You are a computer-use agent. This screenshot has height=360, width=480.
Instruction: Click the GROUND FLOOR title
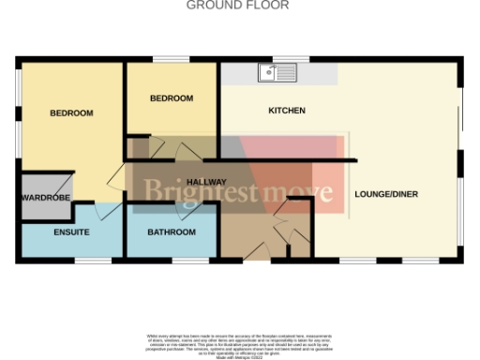[237, 5]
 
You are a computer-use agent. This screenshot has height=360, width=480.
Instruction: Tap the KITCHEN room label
[287, 111]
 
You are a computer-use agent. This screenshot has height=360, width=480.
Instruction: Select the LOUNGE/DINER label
[385, 195]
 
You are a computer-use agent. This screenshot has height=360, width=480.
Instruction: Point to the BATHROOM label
[172, 232]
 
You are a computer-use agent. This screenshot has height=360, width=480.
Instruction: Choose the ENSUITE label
[71, 232]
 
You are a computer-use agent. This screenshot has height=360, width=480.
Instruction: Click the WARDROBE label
[45, 198]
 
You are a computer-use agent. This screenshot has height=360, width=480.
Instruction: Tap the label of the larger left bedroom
[71, 113]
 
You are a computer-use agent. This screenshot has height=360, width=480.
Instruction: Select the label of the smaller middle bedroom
[172, 97]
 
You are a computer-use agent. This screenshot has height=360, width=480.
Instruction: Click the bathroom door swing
[172, 213]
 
